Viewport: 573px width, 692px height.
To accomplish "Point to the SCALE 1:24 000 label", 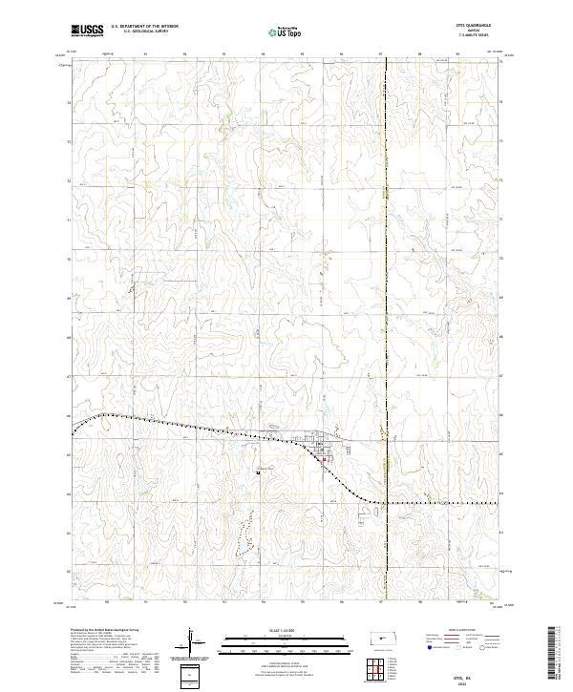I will pyautogui.click(x=277, y=630).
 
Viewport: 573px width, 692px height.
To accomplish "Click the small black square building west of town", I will pyautogui.click(x=258, y=468).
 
